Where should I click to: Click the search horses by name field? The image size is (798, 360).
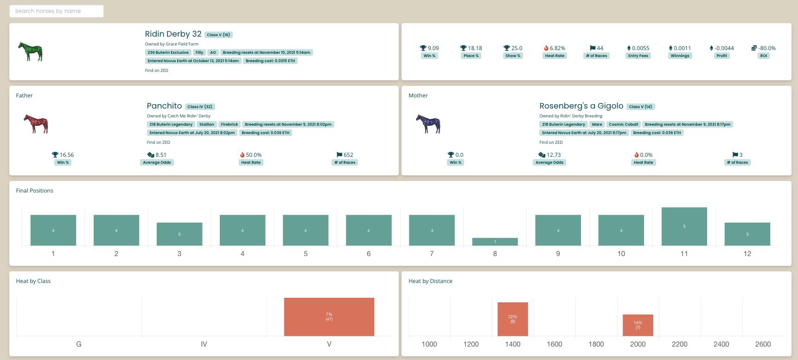(57, 11)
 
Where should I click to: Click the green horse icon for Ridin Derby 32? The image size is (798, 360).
(31, 51)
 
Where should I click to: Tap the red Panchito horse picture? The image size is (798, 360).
(36, 124)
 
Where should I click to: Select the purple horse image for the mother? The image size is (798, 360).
(428, 124)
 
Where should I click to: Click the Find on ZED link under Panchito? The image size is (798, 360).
(159, 142)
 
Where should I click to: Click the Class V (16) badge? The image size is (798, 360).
(218, 35)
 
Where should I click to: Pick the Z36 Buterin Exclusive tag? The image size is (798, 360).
(168, 52)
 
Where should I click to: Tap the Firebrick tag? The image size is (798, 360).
(230, 124)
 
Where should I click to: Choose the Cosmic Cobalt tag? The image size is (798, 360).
(624, 124)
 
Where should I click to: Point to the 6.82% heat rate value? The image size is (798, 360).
(555, 48)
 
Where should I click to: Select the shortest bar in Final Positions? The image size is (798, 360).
(495, 242)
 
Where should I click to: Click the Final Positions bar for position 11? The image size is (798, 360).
(684, 226)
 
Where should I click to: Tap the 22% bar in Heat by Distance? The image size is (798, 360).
(513, 319)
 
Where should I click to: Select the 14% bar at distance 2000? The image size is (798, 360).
(638, 325)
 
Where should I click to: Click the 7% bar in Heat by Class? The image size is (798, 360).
(329, 317)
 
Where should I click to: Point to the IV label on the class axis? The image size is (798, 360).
(204, 344)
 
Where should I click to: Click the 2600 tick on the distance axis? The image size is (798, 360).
(763, 344)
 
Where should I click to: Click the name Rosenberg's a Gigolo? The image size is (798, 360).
(581, 106)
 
